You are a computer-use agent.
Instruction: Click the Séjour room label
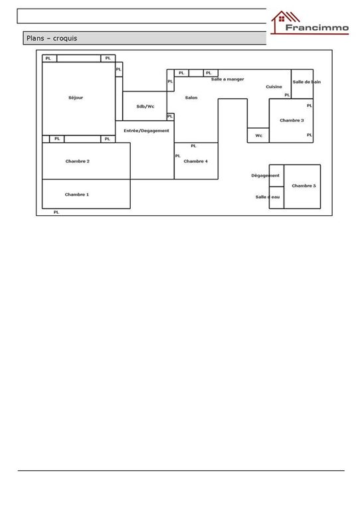tap(76, 98)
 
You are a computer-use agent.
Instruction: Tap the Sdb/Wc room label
tap(145, 106)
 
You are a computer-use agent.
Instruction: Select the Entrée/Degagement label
tap(146, 131)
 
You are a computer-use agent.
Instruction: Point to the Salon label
tap(191, 98)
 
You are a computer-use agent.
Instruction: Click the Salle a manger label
tap(228, 79)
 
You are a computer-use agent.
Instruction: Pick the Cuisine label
tap(274, 86)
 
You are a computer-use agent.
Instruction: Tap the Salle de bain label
tap(307, 82)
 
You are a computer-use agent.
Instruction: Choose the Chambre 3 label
tap(292, 120)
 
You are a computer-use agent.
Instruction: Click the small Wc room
tap(258, 135)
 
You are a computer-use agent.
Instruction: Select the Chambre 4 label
tap(195, 161)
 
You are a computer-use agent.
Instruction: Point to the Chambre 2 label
tap(78, 161)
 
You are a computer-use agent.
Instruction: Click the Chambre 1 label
tap(77, 195)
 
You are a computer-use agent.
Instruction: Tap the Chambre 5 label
tap(304, 186)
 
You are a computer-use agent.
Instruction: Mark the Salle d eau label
tap(268, 197)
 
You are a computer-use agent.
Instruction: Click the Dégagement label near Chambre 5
tap(266, 175)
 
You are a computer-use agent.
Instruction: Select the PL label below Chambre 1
tap(56, 212)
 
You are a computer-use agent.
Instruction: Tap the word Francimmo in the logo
tap(317, 28)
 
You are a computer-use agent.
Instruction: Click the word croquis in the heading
tap(65, 39)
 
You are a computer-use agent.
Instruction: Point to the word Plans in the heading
tap(35, 38)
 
